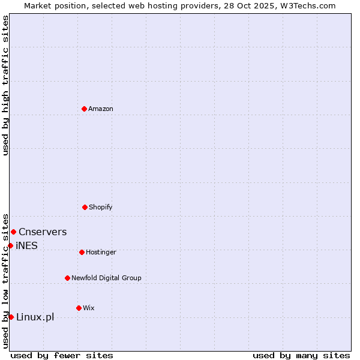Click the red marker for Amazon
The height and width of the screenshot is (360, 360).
point(84,109)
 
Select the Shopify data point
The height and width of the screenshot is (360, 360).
point(85,207)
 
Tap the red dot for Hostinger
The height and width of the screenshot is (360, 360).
point(82,252)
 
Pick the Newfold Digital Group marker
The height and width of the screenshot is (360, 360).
point(67,278)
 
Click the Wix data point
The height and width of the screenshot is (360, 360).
point(79,308)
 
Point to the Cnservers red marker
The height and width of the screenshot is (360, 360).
point(13,232)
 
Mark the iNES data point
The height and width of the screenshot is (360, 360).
point(10,245)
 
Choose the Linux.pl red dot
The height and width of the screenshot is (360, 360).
point(11,317)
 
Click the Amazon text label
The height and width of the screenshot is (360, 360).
point(101,109)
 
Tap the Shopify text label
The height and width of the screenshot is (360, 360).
point(101,208)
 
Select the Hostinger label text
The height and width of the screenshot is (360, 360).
point(101,253)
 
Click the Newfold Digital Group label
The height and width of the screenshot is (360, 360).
point(106,278)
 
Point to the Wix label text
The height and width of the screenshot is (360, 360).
point(89,308)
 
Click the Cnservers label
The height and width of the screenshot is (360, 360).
point(43,232)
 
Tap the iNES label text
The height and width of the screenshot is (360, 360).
point(26,246)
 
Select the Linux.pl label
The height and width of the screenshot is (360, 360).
point(35,317)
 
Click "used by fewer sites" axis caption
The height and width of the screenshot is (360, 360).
point(62,355)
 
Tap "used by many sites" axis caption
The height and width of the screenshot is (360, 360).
point(301,355)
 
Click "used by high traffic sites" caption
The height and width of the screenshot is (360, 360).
point(5,85)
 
